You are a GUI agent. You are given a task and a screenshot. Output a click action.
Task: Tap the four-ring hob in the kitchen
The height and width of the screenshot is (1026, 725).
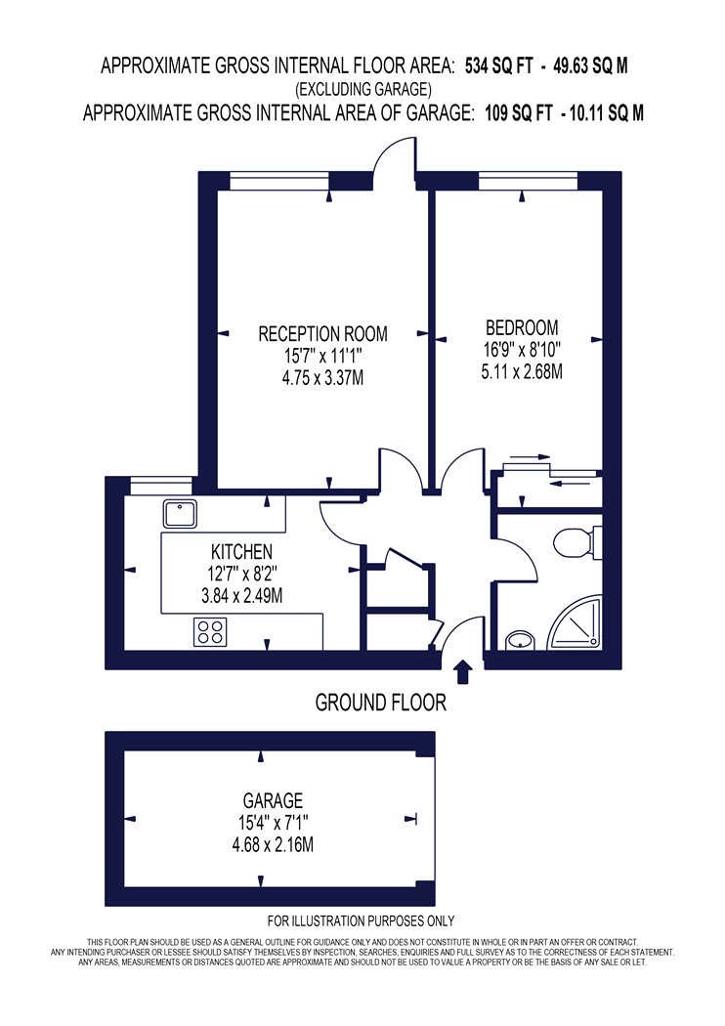210,632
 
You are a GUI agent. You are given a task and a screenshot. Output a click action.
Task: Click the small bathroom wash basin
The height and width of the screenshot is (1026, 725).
520,640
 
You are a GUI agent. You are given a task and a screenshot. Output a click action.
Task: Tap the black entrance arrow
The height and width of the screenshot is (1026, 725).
462,672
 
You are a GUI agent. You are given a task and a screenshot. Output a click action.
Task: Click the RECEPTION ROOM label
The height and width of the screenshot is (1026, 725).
322,334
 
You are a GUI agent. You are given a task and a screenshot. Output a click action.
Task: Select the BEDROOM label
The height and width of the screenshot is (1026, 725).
522,327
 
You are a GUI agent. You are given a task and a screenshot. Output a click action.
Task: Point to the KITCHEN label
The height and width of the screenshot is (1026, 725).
241,551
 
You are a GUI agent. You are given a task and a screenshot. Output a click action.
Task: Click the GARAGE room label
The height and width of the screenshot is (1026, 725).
273,801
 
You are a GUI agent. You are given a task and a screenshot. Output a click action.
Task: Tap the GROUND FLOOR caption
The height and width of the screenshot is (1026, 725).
381,703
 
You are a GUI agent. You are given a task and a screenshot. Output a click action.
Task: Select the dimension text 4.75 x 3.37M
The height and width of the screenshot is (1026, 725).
322,378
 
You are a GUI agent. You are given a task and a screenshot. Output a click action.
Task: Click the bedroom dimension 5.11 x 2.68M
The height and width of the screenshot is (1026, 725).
522,371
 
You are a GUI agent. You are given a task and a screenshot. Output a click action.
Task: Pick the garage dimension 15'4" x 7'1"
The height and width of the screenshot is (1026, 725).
273,823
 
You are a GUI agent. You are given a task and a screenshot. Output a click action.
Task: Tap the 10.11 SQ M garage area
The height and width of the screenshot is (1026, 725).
607,113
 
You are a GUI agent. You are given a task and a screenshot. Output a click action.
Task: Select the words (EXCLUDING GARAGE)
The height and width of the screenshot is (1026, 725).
363,89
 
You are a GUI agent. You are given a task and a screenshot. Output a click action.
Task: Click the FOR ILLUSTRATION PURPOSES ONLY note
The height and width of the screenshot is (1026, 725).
361,921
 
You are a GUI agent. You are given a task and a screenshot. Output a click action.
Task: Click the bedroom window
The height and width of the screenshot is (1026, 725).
528,180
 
